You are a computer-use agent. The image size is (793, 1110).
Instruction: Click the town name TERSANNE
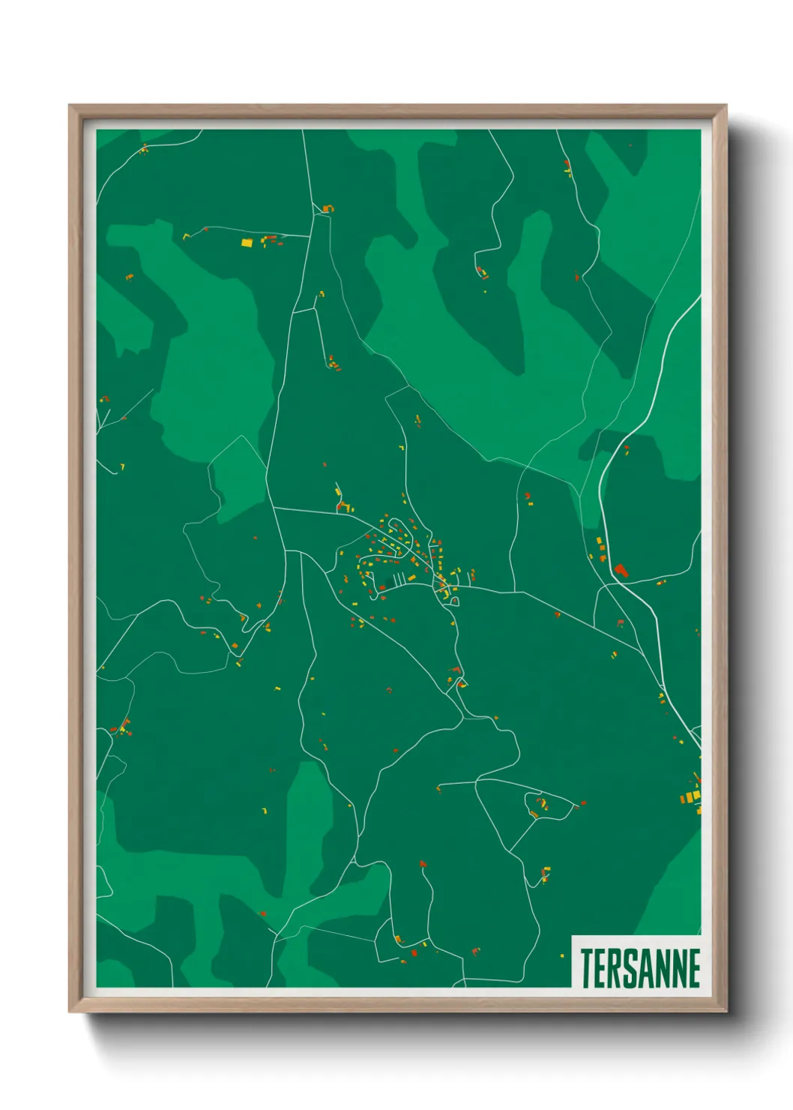tap(640, 967)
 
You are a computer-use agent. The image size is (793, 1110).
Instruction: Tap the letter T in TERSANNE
tap(587, 967)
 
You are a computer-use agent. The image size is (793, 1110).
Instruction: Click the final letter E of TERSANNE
tap(693, 967)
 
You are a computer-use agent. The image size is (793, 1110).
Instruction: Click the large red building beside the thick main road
tap(620, 570)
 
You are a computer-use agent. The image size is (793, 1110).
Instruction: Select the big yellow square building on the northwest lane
tap(247, 243)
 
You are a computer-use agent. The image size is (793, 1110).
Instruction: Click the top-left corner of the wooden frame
tap(70, 106)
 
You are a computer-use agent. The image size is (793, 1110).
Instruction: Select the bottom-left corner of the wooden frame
tap(70, 1011)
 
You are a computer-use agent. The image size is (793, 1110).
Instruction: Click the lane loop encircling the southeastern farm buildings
tap(543, 805)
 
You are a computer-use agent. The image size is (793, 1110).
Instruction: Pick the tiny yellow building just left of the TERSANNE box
tap(562, 955)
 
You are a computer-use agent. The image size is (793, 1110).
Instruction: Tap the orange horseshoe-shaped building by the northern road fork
tap(328, 208)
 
